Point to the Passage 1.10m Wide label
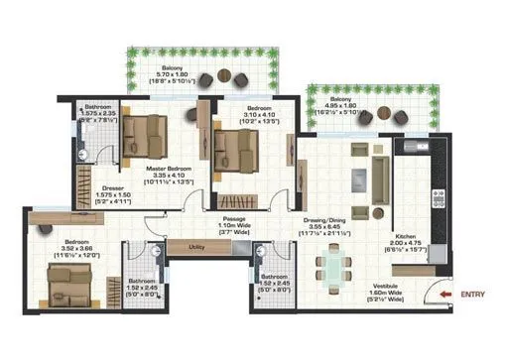[234, 220]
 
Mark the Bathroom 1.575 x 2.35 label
[98, 114]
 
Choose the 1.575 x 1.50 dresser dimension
[111, 195]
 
